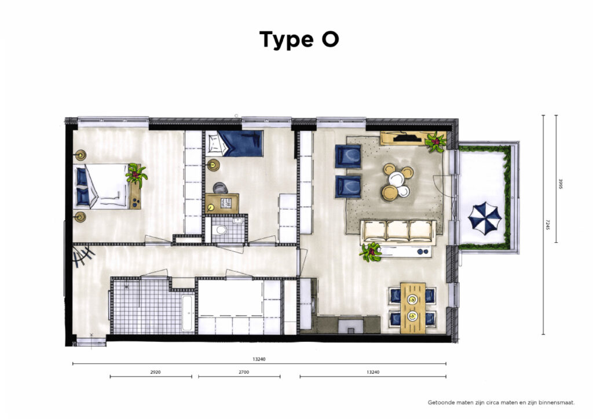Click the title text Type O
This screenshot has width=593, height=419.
299,40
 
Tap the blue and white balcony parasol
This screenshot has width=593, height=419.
485,218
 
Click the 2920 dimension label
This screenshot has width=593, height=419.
155,372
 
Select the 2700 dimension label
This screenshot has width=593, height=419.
244,372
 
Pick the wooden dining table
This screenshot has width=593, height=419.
412,308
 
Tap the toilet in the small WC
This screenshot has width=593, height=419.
219,229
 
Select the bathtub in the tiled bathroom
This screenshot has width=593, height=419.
188,312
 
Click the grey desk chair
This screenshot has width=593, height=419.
220,188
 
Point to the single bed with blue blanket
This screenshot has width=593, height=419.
235,144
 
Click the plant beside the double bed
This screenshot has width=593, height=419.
136,174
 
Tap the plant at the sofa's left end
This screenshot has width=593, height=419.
371,252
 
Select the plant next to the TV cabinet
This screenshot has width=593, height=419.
435,142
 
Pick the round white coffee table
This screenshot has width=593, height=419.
396,178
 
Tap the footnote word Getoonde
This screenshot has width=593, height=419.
441,403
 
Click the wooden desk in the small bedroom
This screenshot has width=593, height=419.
222,203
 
